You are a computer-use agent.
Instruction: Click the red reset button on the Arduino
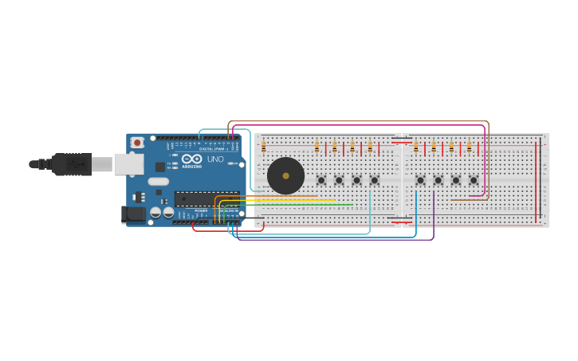137,143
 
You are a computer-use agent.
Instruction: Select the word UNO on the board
215,159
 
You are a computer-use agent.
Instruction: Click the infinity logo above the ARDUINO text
191,159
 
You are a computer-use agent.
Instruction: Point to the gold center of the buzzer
285,176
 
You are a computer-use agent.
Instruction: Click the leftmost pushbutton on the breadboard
321,180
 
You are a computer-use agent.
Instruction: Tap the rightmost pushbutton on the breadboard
474,180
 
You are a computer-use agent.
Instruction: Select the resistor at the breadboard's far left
264,146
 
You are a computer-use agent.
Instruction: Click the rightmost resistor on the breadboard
469,147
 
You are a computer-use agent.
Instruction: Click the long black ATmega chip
206,198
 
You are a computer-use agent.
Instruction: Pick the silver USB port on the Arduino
128,164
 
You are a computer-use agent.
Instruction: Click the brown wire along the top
359,122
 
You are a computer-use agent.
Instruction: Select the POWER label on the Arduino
201,210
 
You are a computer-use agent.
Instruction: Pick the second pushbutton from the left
339,180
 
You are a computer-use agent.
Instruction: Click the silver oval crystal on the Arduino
159,182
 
